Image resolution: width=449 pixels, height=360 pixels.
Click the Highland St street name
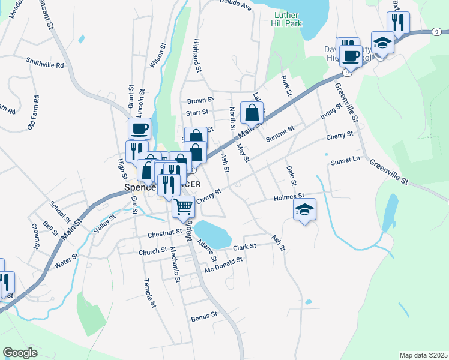coord(196,53)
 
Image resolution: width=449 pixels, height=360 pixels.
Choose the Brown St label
coord(200,101)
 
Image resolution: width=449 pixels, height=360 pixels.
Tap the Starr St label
coord(197,112)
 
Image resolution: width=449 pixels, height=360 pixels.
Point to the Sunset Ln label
coord(345,160)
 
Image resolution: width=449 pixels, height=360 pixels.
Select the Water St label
coord(67,262)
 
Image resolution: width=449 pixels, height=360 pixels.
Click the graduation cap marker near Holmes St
coord(305,209)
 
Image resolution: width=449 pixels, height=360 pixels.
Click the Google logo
coord(20,353)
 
